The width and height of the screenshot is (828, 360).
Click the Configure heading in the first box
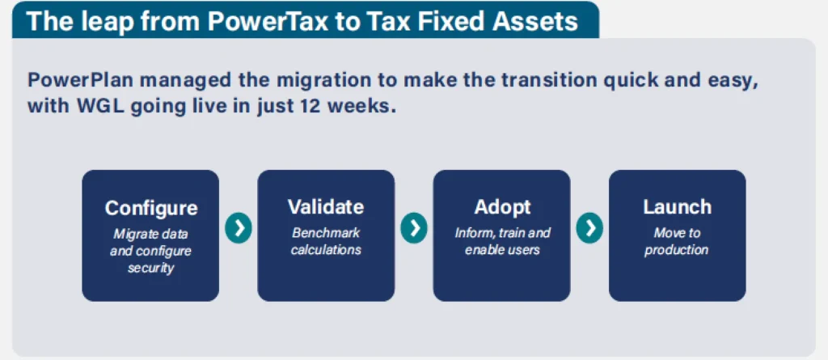pyautogui.click(x=151, y=208)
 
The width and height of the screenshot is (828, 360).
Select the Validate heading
pyautogui.click(x=326, y=206)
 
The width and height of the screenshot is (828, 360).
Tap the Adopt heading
pyautogui.click(x=502, y=207)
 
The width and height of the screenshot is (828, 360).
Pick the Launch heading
pyautogui.click(x=677, y=206)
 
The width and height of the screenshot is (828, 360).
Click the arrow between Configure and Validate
pyautogui.click(x=239, y=227)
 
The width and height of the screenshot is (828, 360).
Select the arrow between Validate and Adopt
pyautogui.click(x=414, y=227)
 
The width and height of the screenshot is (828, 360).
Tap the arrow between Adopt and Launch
pyautogui.click(x=589, y=227)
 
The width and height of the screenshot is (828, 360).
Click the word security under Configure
pyautogui.click(x=150, y=268)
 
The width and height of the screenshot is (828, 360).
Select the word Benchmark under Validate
pyautogui.click(x=326, y=233)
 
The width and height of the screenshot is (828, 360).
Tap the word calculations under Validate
pyautogui.click(x=326, y=250)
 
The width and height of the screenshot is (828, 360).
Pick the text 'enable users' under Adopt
pyautogui.click(x=502, y=250)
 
